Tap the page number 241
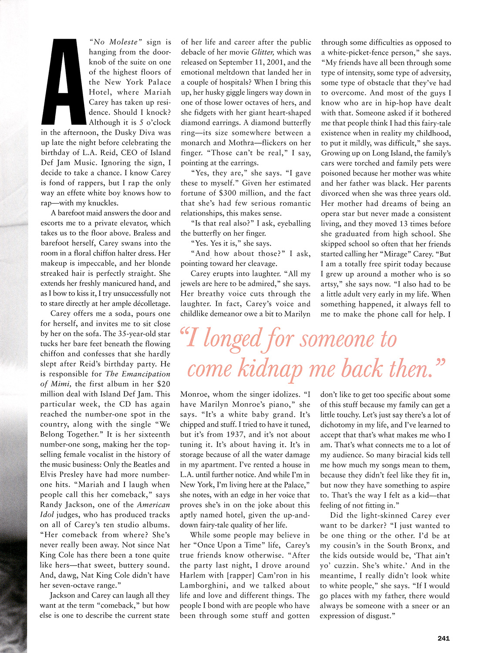click(x=443, y=638)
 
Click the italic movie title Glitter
click(x=263, y=52)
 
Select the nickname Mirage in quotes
click(x=410, y=254)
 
